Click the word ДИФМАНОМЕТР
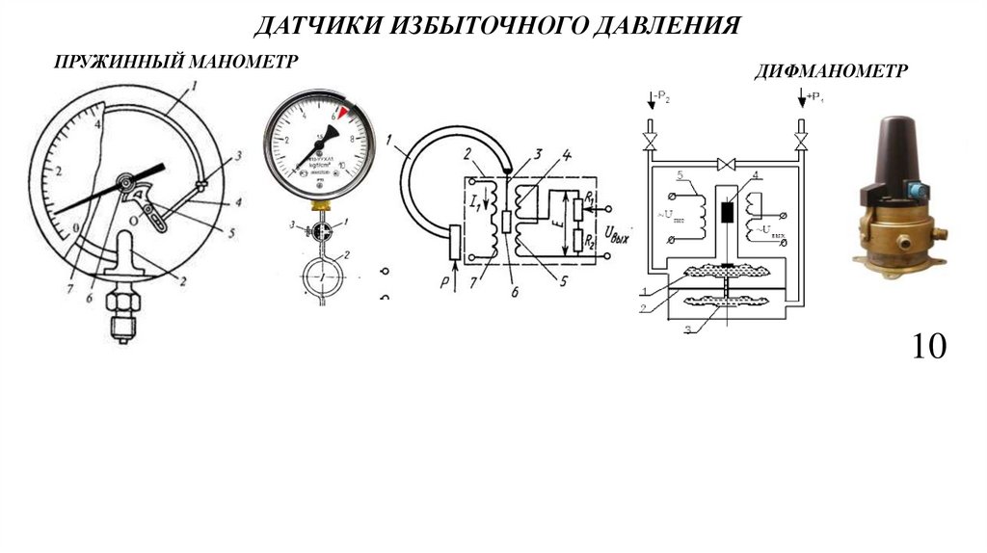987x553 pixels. point(830,70)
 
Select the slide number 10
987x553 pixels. point(928,347)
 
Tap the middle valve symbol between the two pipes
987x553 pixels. point(726,164)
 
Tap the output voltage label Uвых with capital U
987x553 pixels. point(614,232)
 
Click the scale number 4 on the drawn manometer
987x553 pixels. point(98,125)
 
